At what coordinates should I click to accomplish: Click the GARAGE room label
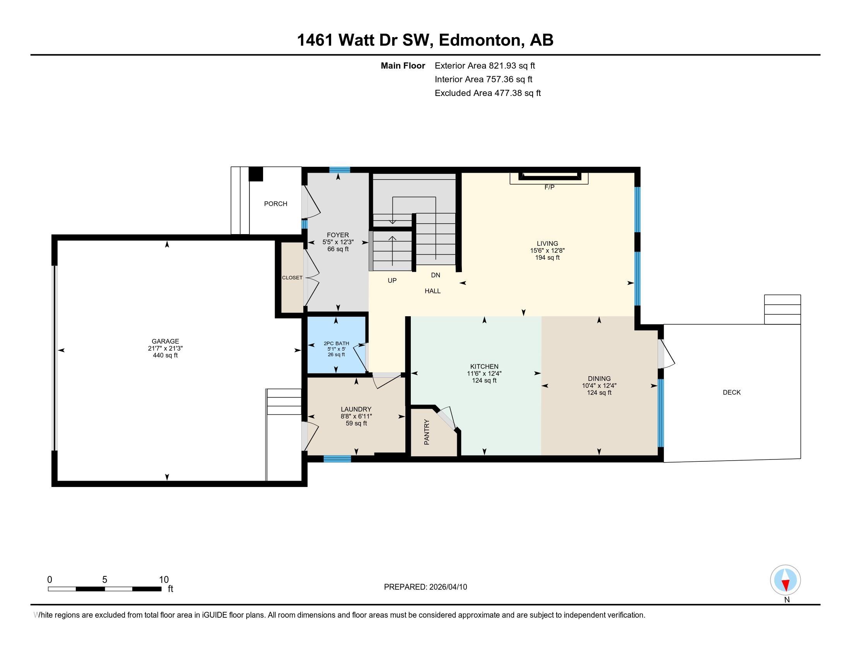[166, 341]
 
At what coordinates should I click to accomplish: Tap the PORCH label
[275, 204]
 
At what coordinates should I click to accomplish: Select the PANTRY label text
[427, 432]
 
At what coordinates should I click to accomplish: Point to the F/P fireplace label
[549, 187]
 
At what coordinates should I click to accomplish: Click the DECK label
[731, 392]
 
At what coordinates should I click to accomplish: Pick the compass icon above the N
[785, 580]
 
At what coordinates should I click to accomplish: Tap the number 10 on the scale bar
[164, 580]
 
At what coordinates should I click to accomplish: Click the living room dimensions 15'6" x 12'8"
[547, 251]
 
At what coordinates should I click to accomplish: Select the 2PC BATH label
[336, 343]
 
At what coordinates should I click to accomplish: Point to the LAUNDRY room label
[356, 409]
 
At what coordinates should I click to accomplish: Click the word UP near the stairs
[392, 280]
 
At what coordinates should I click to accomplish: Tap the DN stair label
[436, 275]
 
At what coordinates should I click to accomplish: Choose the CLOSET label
[292, 278]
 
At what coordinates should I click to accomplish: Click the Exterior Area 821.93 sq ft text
[485, 65]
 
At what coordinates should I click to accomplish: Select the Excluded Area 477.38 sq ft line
[488, 93]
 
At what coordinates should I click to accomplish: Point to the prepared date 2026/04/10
[447, 587]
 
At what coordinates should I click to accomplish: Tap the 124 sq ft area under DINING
[599, 392]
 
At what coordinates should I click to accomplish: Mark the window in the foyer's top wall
[339, 170]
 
